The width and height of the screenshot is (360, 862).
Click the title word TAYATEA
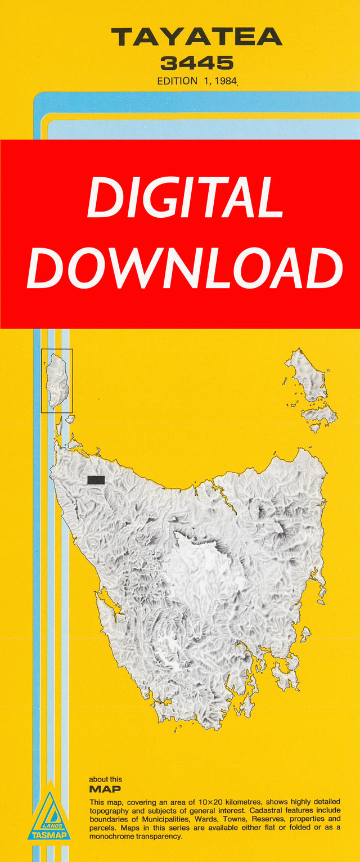pyautogui.click(x=196, y=38)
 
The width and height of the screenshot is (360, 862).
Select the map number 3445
pyautogui.click(x=196, y=62)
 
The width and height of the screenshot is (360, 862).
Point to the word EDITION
pyautogui.click(x=177, y=81)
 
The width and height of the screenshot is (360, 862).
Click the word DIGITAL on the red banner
pyautogui.click(x=185, y=196)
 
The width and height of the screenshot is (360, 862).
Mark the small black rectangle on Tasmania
pyautogui.click(x=96, y=480)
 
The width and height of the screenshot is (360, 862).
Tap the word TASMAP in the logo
pyautogui.click(x=49, y=836)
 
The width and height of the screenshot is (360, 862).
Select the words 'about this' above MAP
pyautogui.click(x=105, y=780)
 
